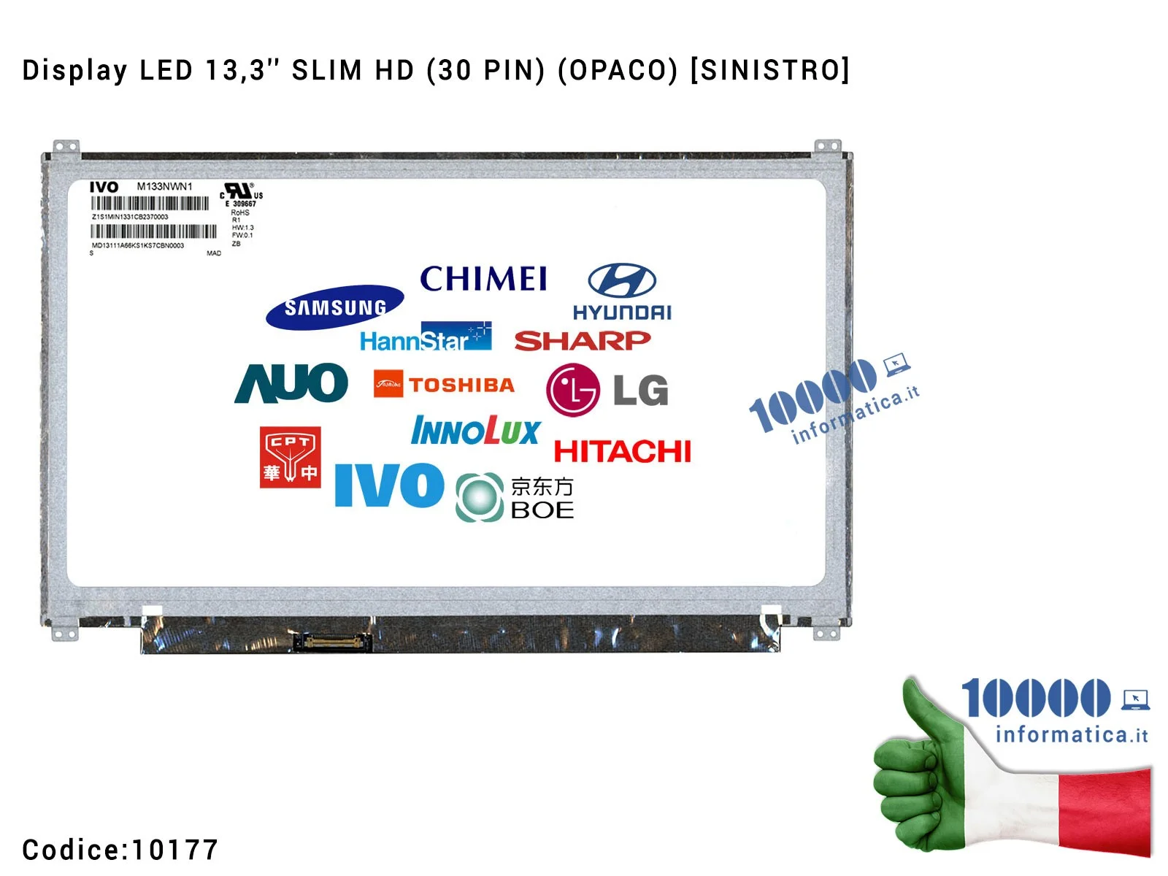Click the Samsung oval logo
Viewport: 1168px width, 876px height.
pos(334,307)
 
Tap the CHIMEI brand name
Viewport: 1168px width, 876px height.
pos(483,279)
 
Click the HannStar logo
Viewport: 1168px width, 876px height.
pos(425,338)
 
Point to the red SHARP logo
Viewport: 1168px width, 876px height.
pos(582,340)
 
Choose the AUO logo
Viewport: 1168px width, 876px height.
pos(291,383)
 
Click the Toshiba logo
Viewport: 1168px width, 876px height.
pos(444,384)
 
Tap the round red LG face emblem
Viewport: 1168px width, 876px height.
pos(572,390)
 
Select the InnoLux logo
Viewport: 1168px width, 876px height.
pos(475,431)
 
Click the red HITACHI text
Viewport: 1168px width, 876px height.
pos(622,452)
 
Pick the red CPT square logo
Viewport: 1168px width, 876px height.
pos(290,457)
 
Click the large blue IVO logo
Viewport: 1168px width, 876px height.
pos(389,485)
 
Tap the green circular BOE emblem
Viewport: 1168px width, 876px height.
pos(480,497)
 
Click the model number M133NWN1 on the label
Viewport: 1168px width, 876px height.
pos(165,187)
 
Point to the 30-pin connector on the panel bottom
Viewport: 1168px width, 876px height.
pos(332,642)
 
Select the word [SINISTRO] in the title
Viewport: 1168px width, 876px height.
pos(769,71)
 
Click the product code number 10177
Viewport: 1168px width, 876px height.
pos(174,850)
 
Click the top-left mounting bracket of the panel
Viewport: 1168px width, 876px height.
pos(65,147)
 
